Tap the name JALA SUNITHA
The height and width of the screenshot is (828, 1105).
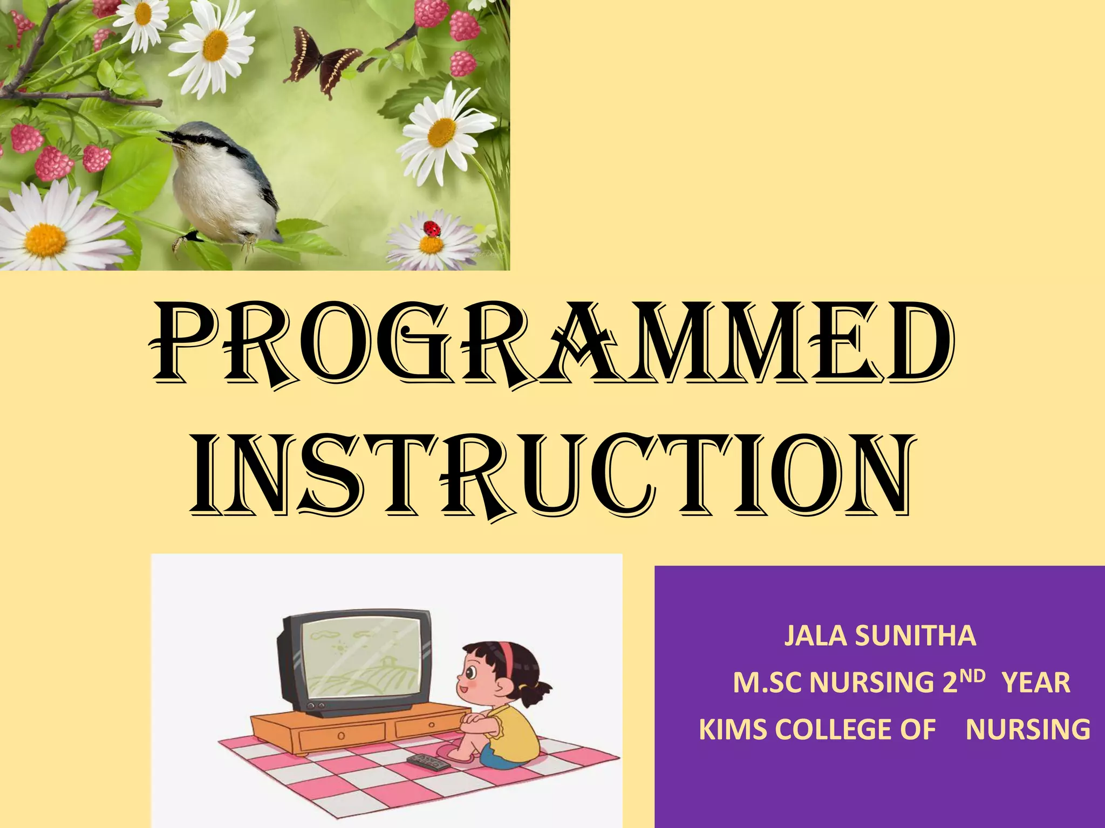tap(879, 636)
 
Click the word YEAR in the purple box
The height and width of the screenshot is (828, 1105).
tap(1036, 683)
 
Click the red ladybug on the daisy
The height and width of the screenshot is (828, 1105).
tap(432, 229)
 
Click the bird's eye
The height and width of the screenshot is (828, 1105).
tap(200, 139)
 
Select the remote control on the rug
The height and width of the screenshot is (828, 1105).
tap(427, 762)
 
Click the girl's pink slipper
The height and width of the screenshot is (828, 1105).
tap(456, 755)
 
